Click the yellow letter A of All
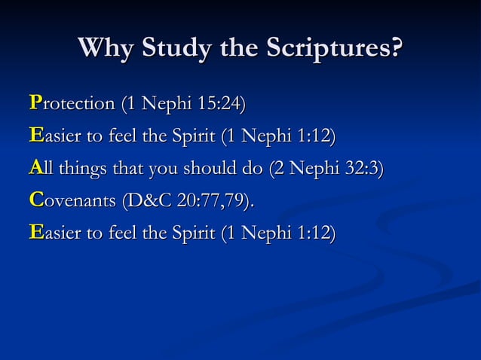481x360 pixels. click(x=35, y=169)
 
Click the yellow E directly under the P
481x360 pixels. click(x=35, y=136)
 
